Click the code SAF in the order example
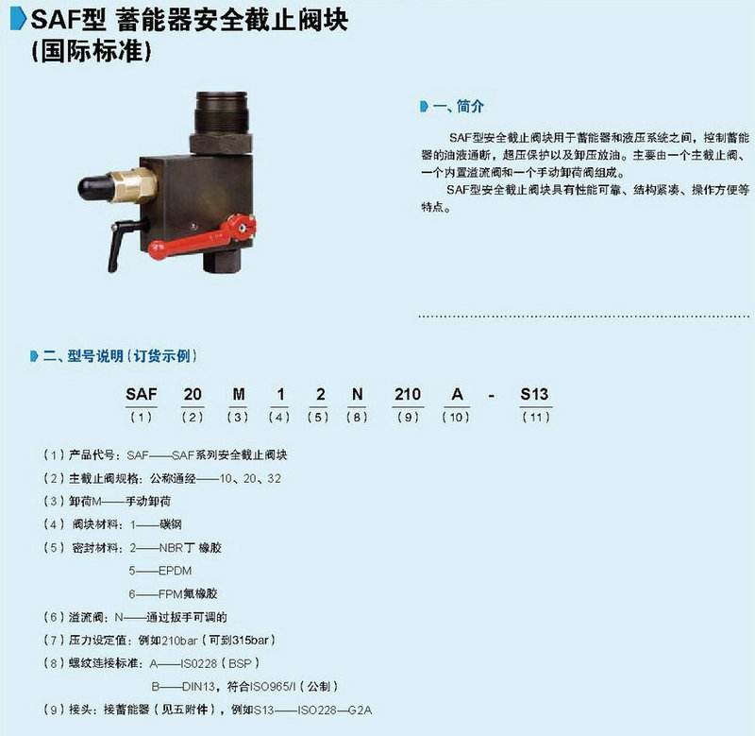141,394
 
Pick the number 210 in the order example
408,394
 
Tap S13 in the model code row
534,394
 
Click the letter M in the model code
239,394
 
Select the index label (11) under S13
536,417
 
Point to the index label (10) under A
456,417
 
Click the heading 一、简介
458,106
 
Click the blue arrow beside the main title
18,19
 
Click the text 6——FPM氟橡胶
174,594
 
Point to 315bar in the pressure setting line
250,641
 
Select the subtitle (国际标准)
92,51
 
